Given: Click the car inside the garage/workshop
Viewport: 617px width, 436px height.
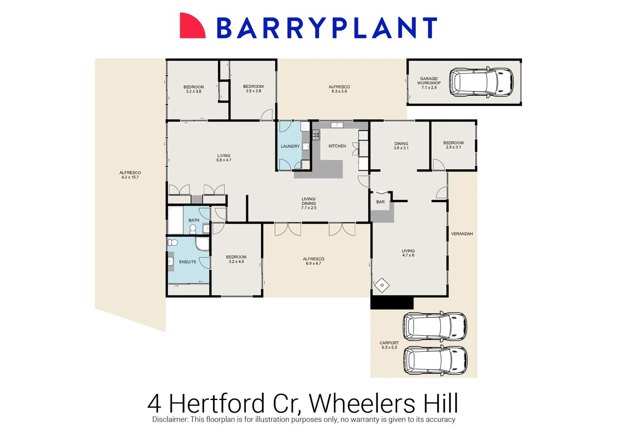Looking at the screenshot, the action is pos(481,82).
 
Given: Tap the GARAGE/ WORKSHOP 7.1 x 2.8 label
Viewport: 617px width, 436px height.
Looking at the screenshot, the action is pos(429,83).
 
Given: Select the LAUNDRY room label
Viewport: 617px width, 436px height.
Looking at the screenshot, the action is pos(290,146).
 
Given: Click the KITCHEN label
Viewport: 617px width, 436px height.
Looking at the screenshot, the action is pos(337,146).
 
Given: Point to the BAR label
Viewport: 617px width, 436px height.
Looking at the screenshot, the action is pos(380,202).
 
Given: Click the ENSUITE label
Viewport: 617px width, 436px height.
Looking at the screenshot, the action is pos(187,262).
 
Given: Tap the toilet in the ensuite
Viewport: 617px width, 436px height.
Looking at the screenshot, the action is pos(173,243).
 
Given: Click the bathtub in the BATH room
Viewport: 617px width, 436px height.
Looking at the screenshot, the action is pos(175,220).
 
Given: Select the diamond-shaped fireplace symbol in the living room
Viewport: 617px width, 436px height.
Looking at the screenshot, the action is pos(381,285).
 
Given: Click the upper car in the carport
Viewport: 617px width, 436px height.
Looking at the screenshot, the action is pos(435,326).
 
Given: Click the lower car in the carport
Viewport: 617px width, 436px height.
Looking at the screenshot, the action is pos(435,360).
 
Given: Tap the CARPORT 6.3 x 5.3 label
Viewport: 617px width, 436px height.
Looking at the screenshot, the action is pos(389,345).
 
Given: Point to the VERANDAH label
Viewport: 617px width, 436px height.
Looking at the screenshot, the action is pos(462,234).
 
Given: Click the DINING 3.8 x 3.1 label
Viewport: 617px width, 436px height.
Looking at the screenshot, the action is pos(401,146).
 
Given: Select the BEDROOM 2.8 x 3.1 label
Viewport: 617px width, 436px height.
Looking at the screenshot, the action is pos(453,145).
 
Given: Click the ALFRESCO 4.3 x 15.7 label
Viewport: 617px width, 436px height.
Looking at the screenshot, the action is pos(130,175).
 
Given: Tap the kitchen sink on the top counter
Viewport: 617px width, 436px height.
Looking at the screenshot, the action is pos(337,125).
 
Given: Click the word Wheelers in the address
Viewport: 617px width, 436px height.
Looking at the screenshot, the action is pos(362,403).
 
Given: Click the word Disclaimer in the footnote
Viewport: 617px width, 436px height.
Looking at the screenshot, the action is pos(170,419).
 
